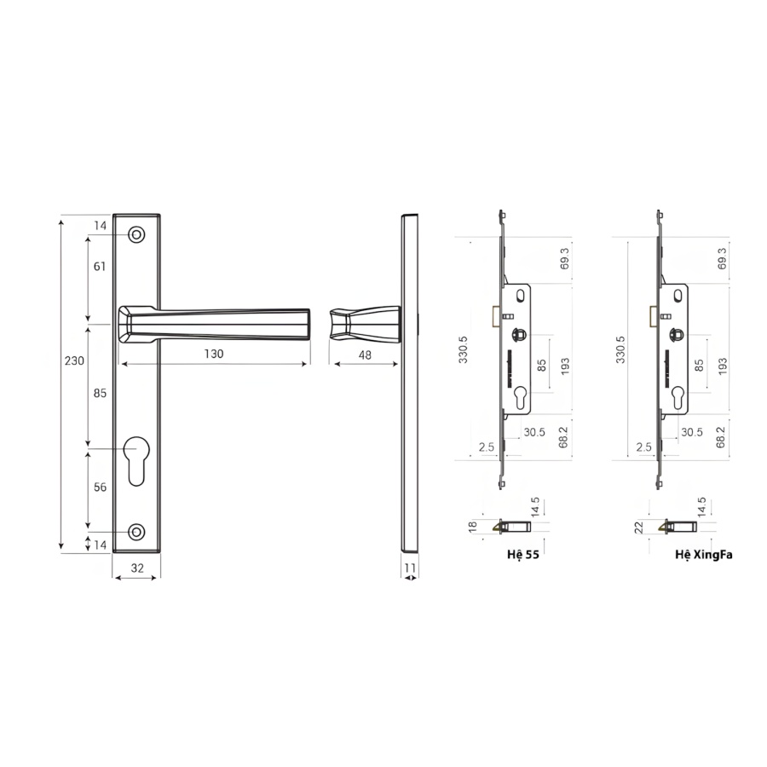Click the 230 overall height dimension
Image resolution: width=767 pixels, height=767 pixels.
[74, 361]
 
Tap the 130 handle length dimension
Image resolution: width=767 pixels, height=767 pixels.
[214, 354]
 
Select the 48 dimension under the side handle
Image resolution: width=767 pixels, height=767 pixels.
[365, 355]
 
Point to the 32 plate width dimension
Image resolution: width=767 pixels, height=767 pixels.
[137, 568]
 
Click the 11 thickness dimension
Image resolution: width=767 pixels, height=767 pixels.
[410, 568]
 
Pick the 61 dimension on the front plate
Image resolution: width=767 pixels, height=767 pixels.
[100, 267]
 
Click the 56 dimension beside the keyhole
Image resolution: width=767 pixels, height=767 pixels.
[100, 487]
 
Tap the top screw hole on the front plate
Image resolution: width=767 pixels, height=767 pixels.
[136, 235]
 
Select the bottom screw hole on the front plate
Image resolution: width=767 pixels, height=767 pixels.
[136, 532]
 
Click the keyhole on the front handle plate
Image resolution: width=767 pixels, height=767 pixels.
[136, 461]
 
